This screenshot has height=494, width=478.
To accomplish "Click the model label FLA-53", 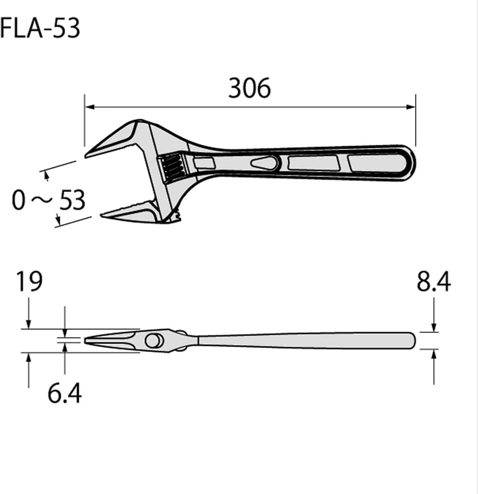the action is point(40,28).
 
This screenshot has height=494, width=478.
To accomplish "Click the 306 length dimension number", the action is point(249,88).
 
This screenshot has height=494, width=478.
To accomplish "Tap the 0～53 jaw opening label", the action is point(48,200).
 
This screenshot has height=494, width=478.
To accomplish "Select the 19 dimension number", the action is point(29,282).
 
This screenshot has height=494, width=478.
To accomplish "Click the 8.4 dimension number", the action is point(434,282).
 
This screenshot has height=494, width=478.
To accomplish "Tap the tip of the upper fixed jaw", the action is point(86,155).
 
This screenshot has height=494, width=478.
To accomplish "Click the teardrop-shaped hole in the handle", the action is point(264,163).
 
